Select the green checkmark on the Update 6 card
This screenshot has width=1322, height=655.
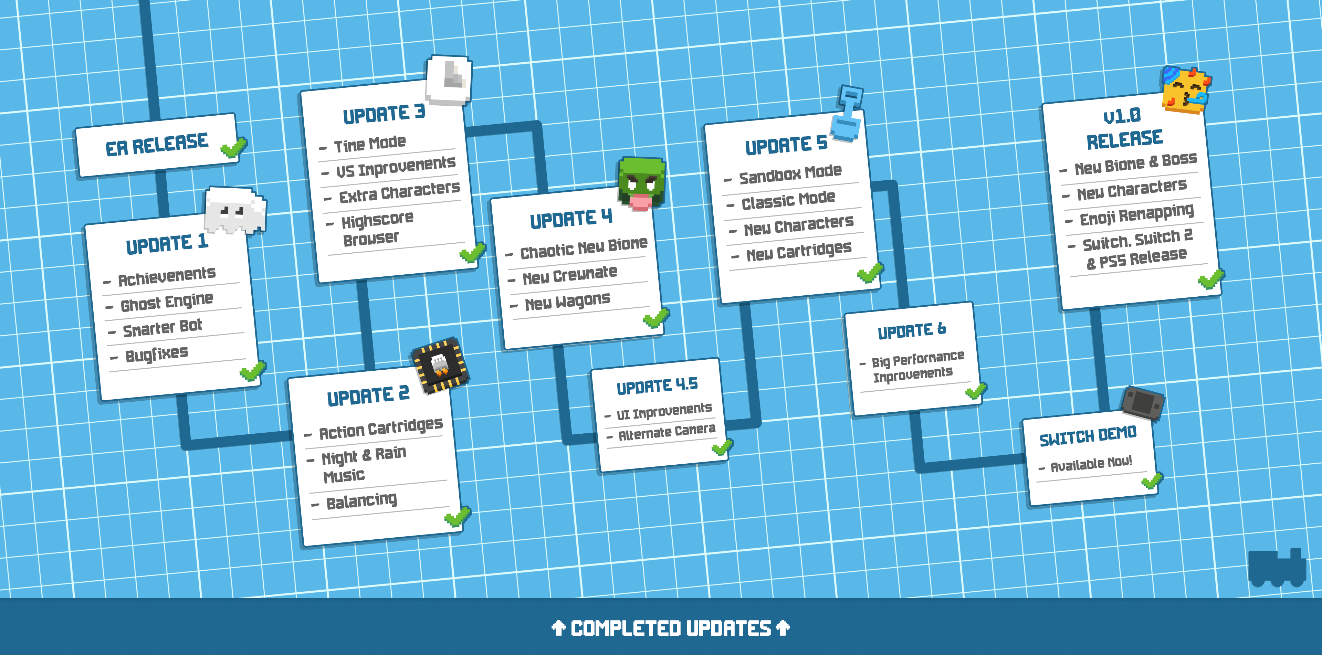(976, 391)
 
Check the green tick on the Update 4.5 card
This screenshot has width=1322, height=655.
(722, 447)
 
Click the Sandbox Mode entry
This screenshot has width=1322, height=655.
(790, 174)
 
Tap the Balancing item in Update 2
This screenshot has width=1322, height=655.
(362, 500)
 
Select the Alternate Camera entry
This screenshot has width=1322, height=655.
(667, 432)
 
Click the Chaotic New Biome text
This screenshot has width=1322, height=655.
(584, 248)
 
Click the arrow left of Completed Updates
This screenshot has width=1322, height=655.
(558, 627)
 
